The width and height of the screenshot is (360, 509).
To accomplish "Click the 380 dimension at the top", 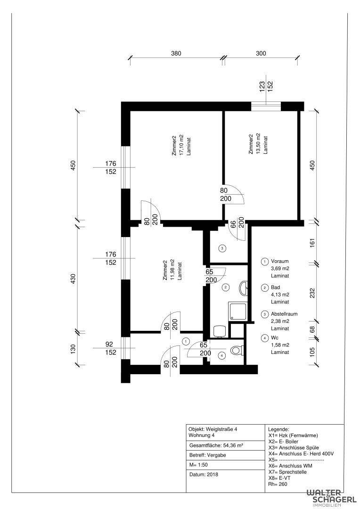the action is tap(176, 53).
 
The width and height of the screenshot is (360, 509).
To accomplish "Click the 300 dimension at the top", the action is tap(261, 53).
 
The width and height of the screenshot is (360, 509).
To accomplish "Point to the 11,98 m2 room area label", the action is tap(172, 270).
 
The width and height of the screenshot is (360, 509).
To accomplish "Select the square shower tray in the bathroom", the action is tap(238, 311).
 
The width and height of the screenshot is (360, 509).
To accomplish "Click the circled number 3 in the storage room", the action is tap(222, 248).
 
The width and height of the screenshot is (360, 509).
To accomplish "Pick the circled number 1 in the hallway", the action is tap(186, 341).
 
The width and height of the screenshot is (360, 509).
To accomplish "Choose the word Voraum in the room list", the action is tap(280, 261).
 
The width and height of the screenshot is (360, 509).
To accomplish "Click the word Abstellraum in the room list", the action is tap(284, 314).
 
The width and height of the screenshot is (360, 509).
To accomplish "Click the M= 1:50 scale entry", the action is tap(198, 465).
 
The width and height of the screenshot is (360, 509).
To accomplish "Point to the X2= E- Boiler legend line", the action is tap(283, 442).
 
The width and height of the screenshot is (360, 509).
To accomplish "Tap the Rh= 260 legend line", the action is tap(278, 484).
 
